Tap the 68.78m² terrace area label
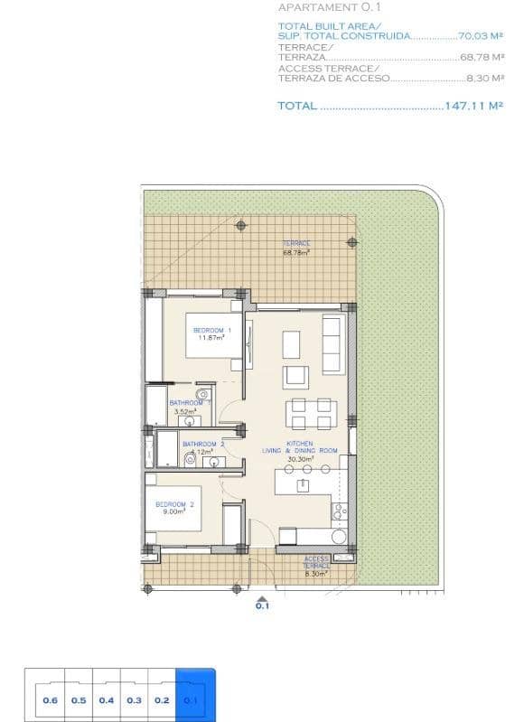[x=296, y=248]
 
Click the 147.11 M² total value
[x=473, y=106]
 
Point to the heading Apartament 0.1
[x=323, y=7]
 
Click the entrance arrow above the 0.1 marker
[x=262, y=597]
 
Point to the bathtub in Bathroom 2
[x=167, y=449]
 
